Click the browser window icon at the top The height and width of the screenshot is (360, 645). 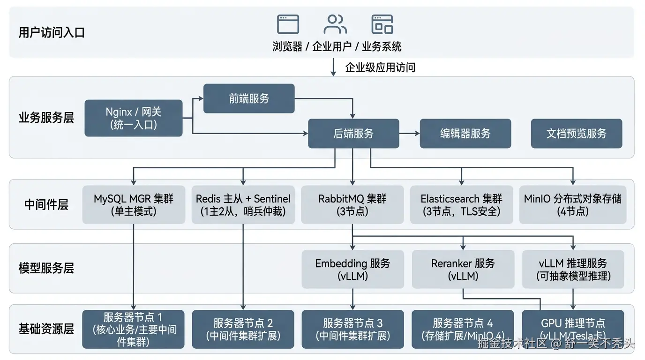288,24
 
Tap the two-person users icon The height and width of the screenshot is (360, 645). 335,24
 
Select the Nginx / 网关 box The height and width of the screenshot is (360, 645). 133,118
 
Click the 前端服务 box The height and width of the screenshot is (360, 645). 249,98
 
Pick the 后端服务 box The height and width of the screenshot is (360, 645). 353,134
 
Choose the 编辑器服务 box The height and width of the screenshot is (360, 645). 465,134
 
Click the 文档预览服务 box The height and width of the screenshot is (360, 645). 576,134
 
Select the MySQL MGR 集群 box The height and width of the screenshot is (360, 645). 134,205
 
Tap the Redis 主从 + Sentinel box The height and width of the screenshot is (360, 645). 243,205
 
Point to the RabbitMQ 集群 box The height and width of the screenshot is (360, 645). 352,205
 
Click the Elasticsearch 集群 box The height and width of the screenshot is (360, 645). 461,205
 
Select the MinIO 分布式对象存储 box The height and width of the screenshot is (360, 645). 572,205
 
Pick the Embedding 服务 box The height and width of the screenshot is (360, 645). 352,270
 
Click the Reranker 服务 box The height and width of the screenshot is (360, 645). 463,270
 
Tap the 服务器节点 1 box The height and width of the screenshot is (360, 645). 133,330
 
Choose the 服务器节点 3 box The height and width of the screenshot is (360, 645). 352,330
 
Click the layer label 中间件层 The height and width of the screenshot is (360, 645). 46,204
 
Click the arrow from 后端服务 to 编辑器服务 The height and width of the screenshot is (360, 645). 409,134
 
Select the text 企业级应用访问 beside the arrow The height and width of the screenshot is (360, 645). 380,67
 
